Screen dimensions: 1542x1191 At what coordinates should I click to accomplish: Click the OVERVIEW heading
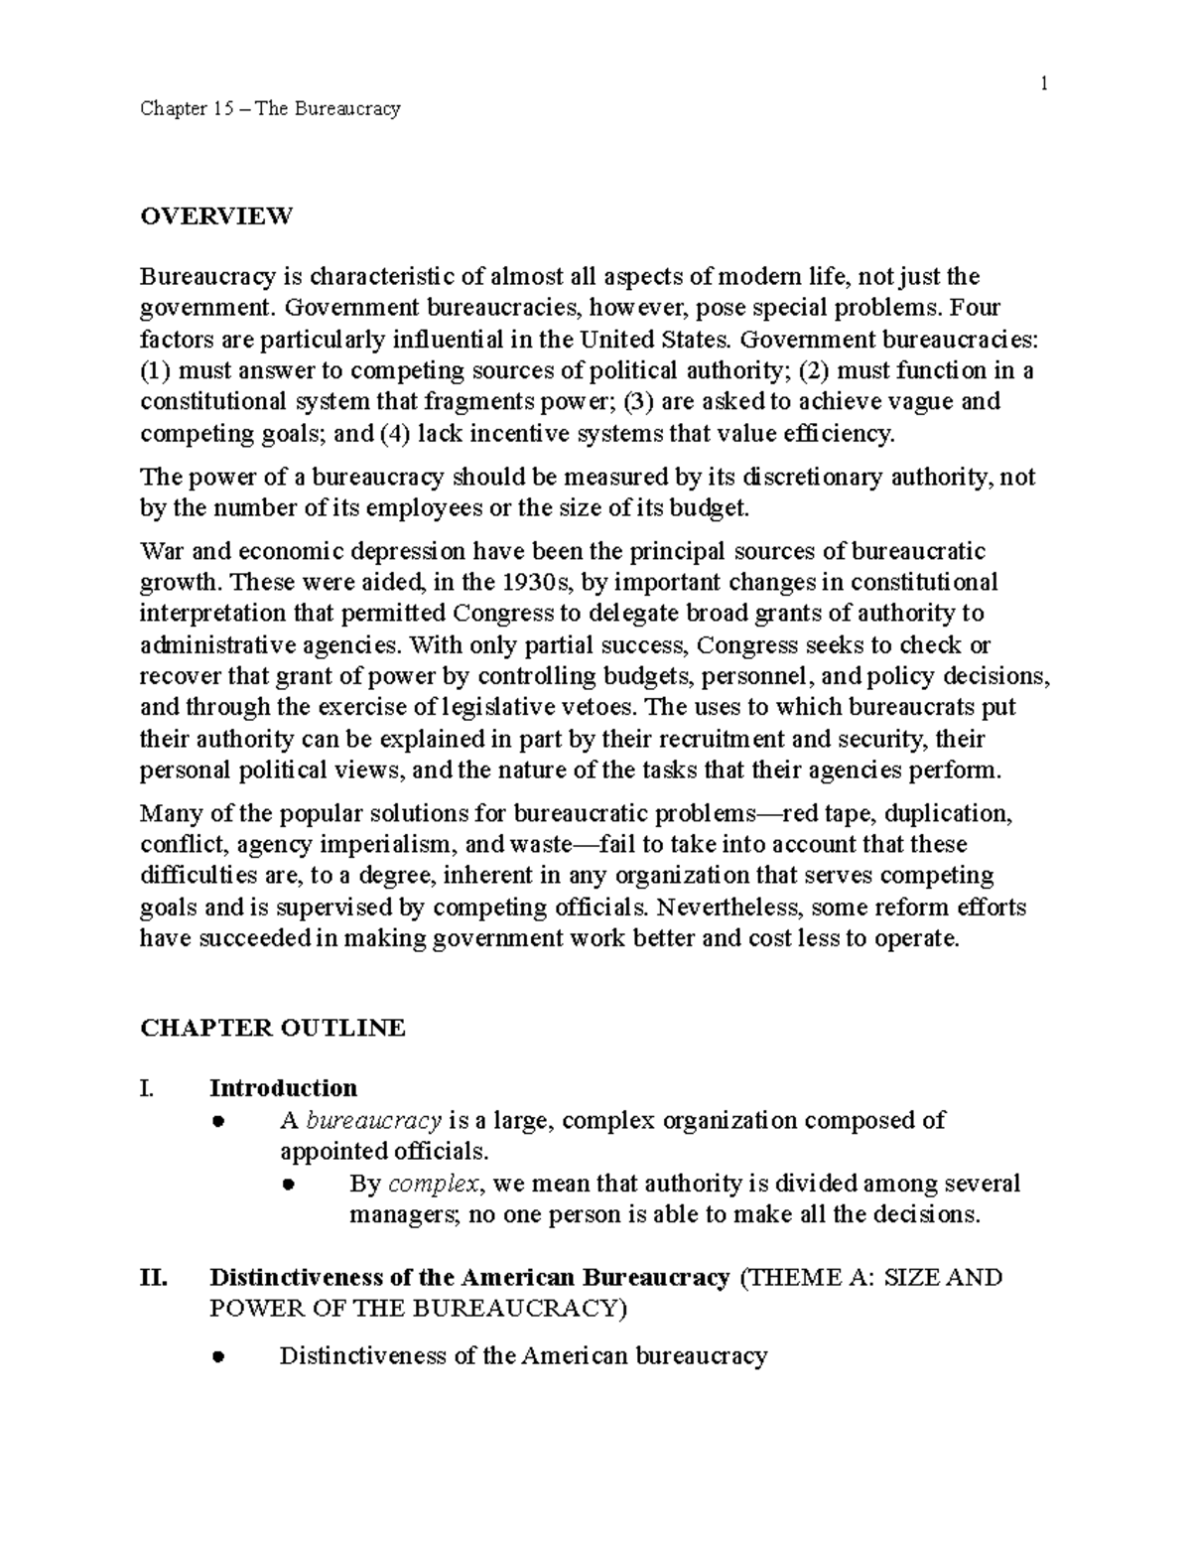coord(216,215)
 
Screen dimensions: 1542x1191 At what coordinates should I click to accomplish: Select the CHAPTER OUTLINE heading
coord(273,1027)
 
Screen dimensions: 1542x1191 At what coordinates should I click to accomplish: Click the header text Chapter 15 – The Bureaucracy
coord(270,108)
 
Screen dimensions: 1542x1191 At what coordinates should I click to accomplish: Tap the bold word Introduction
coord(283,1088)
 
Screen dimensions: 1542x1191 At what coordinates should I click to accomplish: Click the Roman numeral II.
coord(154,1277)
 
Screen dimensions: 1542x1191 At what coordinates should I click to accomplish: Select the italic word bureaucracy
coord(373,1120)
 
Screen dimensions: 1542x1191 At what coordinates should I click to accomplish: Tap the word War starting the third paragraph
coord(161,550)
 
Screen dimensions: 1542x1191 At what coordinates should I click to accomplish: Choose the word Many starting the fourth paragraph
coord(169,813)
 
